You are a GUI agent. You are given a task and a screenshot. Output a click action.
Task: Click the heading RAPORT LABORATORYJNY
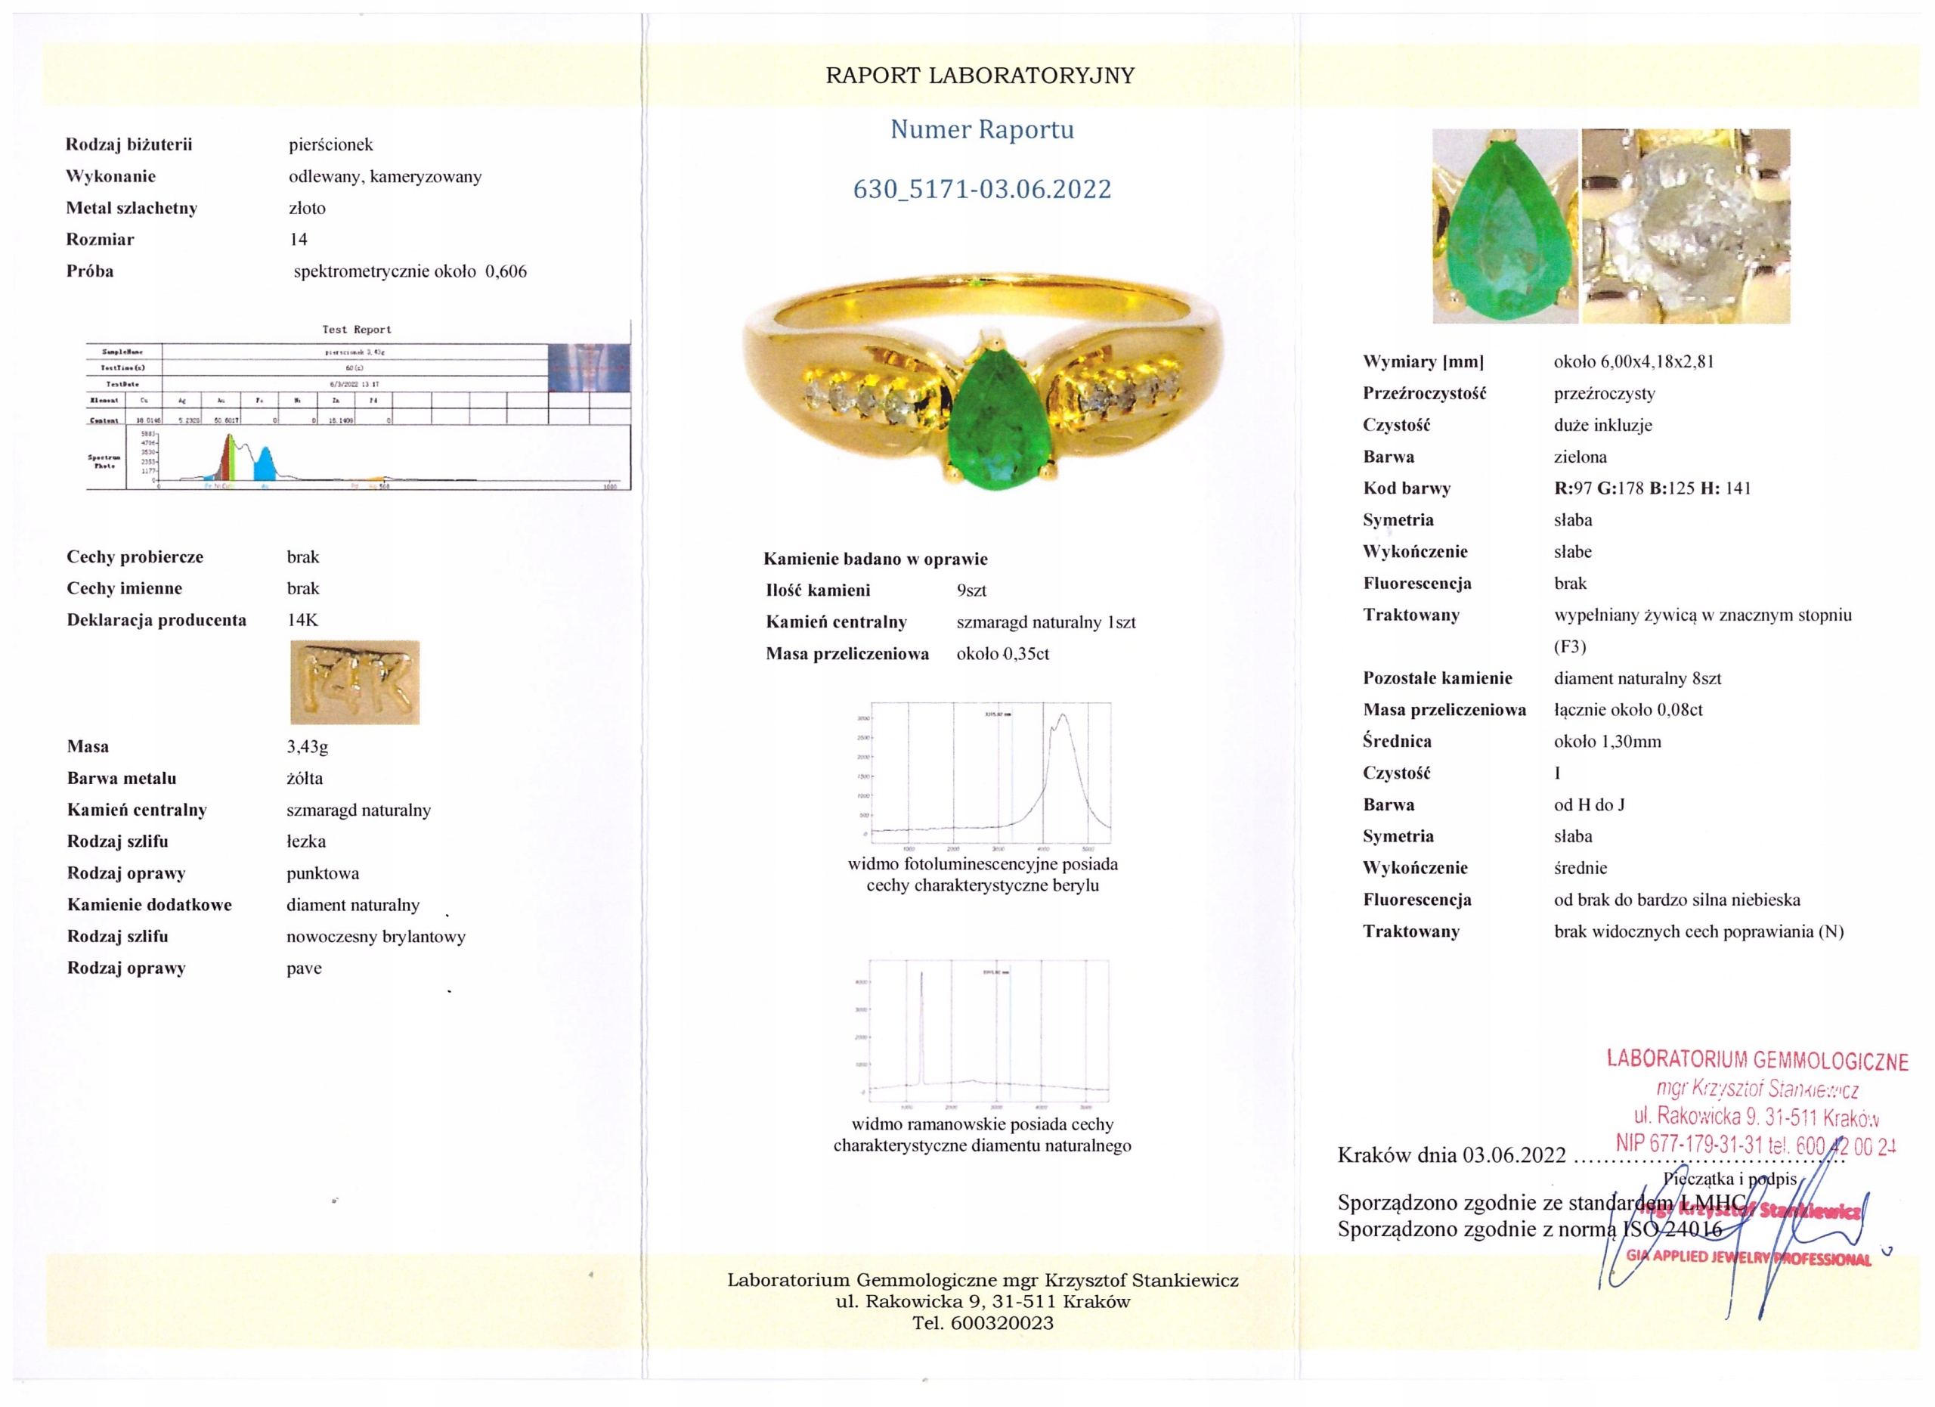(980, 76)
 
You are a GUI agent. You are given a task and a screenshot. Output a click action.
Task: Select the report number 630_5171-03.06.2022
(982, 188)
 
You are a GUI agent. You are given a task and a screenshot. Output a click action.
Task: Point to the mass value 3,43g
(307, 746)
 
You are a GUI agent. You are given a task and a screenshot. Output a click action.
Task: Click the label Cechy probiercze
(135, 557)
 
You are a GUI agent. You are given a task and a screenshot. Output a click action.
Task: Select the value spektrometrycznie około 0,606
(410, 271)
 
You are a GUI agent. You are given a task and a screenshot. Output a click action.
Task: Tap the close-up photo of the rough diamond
(1685, 226)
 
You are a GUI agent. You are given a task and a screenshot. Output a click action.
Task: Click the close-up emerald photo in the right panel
(1505, 226)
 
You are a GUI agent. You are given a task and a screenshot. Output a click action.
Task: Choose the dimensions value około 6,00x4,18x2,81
(1633, 361)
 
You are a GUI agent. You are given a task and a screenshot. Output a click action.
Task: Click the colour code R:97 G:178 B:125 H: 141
(1652, 488)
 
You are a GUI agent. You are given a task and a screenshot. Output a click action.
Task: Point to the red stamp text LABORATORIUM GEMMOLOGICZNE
(1757, 1060)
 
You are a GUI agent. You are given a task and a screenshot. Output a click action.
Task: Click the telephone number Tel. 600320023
(982, 1323)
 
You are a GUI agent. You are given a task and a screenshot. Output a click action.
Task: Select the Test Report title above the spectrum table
(357, 330)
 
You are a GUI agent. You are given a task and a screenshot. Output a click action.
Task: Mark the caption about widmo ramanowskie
(982, 1135)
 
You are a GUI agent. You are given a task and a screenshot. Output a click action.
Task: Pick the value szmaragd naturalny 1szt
(1045, 622)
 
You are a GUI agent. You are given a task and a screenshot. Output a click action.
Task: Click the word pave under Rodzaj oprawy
(304, 968)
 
